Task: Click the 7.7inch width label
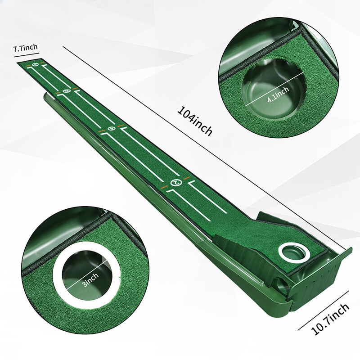(25, 48)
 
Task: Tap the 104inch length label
(195, 121)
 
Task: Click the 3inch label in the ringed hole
(91, 280)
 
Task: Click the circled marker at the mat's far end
(35, 65)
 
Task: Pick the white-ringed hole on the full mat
(294, 253)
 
